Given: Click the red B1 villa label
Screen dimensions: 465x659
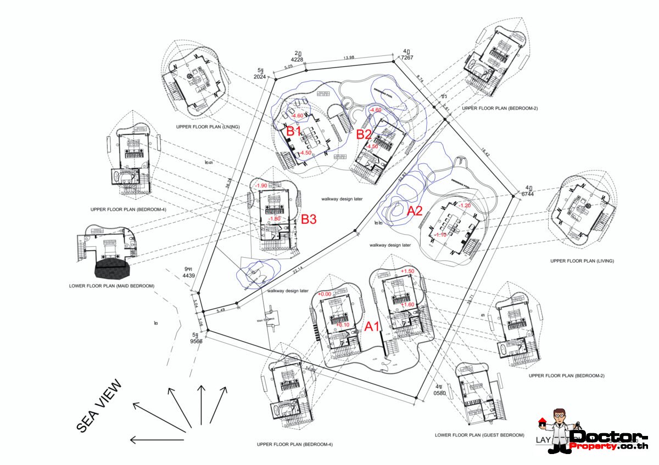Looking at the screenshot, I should [294, 131].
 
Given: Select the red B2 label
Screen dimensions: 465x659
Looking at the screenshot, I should [364, 134].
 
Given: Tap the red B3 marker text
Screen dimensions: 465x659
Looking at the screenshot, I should [309, 220].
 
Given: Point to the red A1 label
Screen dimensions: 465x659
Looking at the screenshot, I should [373, 327].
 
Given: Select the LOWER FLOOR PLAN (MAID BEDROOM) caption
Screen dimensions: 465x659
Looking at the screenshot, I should [111, 286].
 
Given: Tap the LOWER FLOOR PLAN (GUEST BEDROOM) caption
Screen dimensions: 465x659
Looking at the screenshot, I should [479, 435].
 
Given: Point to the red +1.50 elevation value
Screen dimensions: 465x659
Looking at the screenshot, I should [407, 271].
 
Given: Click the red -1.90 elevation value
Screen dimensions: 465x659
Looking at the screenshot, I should [261, 186].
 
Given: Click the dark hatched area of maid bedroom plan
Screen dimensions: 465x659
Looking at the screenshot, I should [113, 269].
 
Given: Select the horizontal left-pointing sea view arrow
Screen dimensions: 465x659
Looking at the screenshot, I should [157, 440].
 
